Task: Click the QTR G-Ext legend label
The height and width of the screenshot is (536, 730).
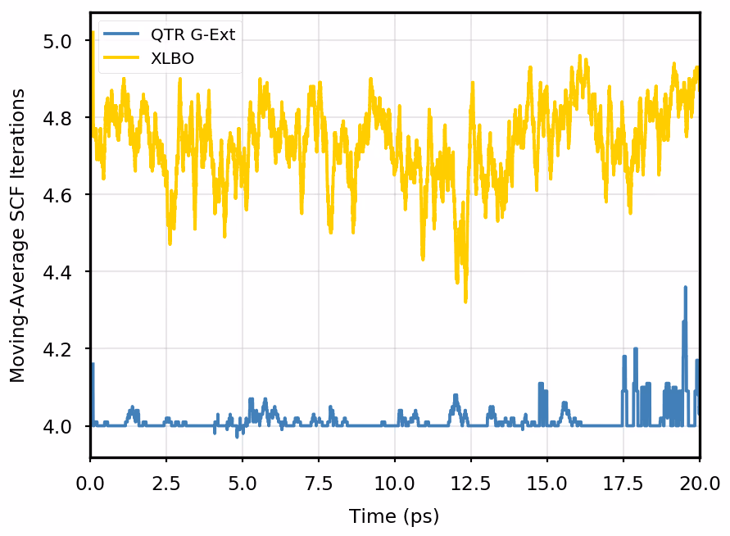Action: coord(193,35)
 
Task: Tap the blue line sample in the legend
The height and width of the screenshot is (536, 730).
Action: coord(123,35)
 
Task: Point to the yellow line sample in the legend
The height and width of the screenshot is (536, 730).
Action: coord(123,58)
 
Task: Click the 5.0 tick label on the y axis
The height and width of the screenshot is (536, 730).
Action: coord(57,41)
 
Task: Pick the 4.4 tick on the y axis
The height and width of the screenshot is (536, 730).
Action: coord(57,272)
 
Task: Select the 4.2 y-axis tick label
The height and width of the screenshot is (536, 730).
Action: coord(57,349)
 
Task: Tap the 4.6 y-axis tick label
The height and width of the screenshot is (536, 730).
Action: coord(57,195)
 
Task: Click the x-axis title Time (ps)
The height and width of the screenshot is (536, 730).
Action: coord(394,516)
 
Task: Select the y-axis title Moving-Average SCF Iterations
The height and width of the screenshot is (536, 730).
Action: coord(18,235)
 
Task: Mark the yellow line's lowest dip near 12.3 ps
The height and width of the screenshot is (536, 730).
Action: coord(465,301)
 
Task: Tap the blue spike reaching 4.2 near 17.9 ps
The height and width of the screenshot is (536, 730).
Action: coord(635,350)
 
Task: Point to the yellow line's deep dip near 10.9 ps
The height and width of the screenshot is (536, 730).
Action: coord(423,258)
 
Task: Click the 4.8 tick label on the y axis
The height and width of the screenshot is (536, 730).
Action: coord(57,118)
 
